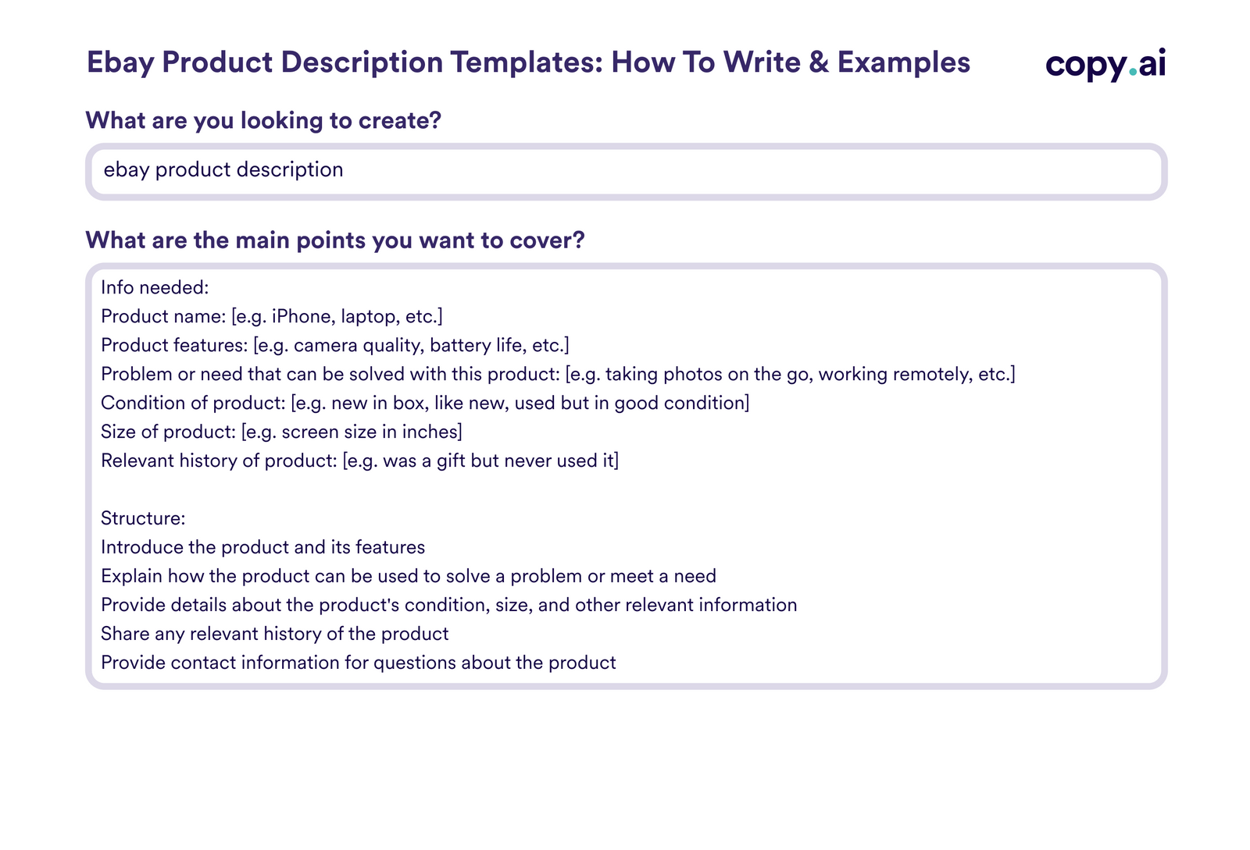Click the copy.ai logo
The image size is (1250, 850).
click(x=1105, y=64)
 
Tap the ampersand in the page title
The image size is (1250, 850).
click(x=819, y=62)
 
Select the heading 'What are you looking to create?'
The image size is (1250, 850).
click(x=263, y=120)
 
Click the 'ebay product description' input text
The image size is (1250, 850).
click(x=223, y=170)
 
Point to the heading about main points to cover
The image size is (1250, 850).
click(x=334, y=240)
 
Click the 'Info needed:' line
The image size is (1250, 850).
click(x=155, y=287)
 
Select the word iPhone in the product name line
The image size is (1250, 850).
click(x=301, y=316)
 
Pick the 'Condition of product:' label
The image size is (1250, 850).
click(x=193, y=403)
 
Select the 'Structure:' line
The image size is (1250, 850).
click(x=143, y=518)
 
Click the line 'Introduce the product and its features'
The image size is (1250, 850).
click(x=262, y=547)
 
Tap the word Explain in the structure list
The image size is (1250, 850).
click(x=131, y=576)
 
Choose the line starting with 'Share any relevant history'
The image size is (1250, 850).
click(x=274, y=634)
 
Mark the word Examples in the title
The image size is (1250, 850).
click(x=903, y=62)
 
